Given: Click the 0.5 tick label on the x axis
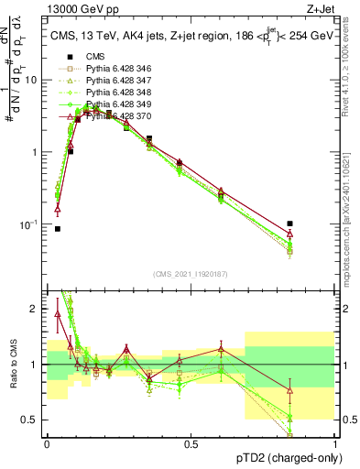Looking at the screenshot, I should coord(191,443).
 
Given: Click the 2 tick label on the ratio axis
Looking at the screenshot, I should coord(34,309).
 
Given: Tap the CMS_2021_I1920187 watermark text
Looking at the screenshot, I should coord(190,274).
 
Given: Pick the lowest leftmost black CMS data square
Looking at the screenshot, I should coord(58,229).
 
